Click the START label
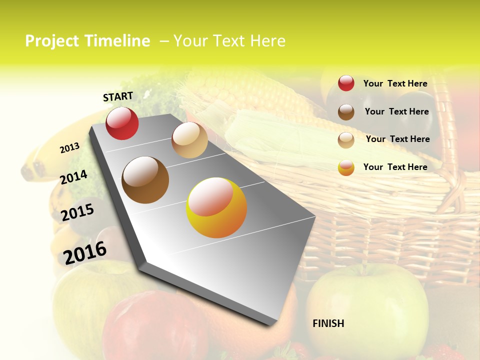coord(118,96)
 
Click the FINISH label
coord(328,323)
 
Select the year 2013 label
coord(69,148)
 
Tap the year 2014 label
coord(73,177)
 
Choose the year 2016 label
coord(85,252)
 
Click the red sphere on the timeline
coord(122,123)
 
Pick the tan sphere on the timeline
coord(189,140)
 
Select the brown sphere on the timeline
coord(145,179)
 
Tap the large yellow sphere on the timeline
coord(216,207)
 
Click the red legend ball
coord(346,83)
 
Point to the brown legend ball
coord(346,112)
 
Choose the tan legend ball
coord(346,140)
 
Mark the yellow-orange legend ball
coord(346,167)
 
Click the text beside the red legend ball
coord(395,83)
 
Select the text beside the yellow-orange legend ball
coord(395,167)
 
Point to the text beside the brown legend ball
coord(396,111)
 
